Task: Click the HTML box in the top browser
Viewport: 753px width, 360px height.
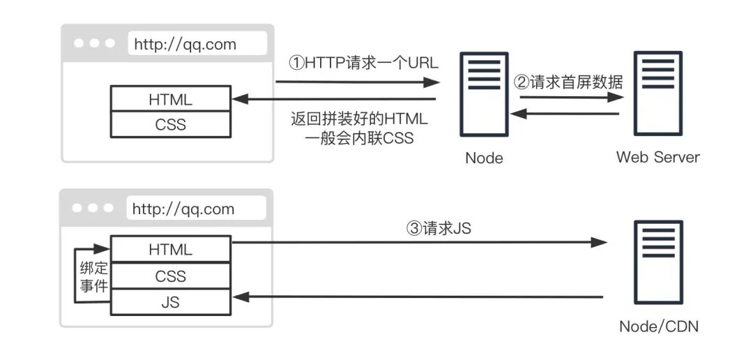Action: (x=170, y=99)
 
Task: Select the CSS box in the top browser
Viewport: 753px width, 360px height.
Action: (x=170, y=125)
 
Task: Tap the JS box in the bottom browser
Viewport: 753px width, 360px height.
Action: (x=170, y=303)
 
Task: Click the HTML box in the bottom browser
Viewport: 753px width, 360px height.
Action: (x=170, y=249)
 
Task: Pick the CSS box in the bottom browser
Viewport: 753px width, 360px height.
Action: (x=170, y=276)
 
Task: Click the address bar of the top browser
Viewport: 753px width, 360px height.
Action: (x=197, y=44)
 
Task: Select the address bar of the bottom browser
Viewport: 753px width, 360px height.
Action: (x=197, y=209)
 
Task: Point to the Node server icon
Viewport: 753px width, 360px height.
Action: (x=483, y=94)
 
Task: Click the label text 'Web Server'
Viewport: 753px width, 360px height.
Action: (x=657, y=157)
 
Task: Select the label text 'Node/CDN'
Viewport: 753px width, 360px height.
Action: (x=658, y=327)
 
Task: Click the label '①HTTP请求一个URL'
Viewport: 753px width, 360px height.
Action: (x=363, y=63)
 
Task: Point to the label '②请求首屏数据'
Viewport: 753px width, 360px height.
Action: (x=568, y=82)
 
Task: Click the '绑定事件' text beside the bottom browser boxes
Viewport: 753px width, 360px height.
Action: (x=92, y=276)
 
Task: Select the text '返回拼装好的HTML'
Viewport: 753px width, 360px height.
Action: (x=359, y=119)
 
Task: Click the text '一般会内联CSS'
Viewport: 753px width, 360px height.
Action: (x=359, y=138)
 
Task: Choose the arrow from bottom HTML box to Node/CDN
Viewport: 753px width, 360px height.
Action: (x=418, y=243)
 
